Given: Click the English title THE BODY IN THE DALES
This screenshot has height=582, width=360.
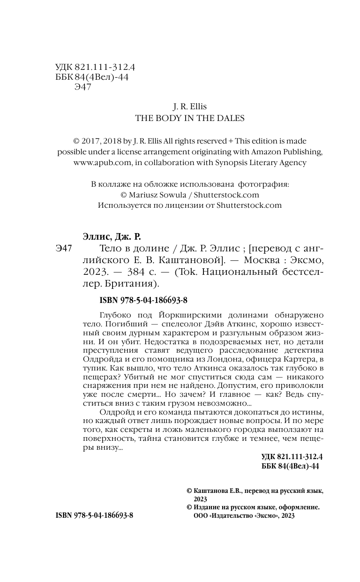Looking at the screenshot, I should [190, 119].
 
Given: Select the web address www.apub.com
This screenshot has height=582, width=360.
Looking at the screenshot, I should [99, 163].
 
